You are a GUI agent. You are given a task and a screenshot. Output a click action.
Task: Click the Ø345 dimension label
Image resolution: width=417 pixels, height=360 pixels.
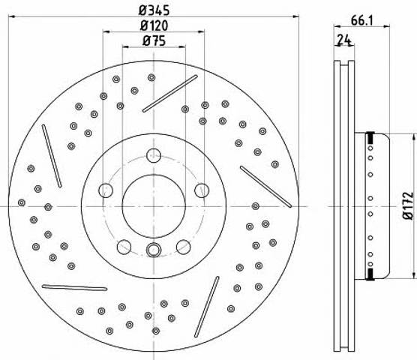154,10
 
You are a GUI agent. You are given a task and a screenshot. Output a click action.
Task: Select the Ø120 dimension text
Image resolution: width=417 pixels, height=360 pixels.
154,25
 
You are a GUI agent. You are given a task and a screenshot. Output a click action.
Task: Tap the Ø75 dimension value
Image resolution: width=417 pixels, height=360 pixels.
154,41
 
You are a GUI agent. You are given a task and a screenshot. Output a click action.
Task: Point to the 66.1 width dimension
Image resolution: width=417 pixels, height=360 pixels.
362,20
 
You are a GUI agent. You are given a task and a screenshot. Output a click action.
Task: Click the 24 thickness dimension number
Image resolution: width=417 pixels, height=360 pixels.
344,40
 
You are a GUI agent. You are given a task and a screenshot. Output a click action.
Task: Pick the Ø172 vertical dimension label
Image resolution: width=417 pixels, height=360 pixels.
409,205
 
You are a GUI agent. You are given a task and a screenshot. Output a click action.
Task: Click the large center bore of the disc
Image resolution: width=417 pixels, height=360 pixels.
154,206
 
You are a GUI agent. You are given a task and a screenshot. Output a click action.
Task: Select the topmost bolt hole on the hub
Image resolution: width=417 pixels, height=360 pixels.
154,155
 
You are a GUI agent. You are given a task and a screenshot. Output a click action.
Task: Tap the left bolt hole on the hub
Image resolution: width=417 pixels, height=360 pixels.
106,190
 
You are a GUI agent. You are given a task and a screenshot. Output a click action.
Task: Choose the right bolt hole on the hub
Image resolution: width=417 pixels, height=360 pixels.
202,190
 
